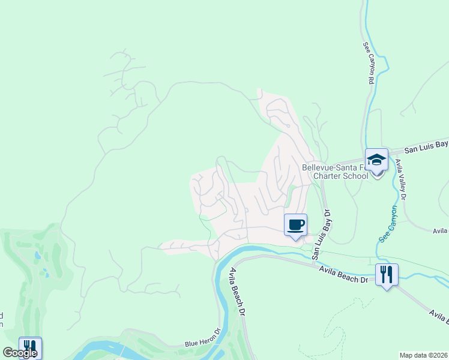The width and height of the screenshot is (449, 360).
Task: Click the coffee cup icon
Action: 295,225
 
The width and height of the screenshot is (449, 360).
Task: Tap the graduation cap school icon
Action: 376,160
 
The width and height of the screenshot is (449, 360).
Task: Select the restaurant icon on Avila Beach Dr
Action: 387,275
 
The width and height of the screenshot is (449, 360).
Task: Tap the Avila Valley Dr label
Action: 401,180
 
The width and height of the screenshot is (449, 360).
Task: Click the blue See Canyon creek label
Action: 388,224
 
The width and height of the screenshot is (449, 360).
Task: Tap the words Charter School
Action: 335,176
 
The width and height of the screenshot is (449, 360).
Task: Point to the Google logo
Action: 20,353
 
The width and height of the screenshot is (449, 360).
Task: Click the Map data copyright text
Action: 423,355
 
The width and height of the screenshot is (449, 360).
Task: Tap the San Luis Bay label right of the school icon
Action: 426,146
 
